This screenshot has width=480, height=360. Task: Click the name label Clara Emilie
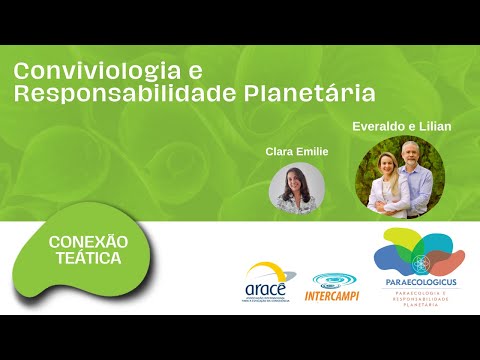(297, 151)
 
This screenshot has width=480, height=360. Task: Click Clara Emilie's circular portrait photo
(297, 188)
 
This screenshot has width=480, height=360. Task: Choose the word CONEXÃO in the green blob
(89, 242)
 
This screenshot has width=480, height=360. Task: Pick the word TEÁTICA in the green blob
(89, 259)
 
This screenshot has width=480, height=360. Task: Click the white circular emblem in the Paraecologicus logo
(421, 263)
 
